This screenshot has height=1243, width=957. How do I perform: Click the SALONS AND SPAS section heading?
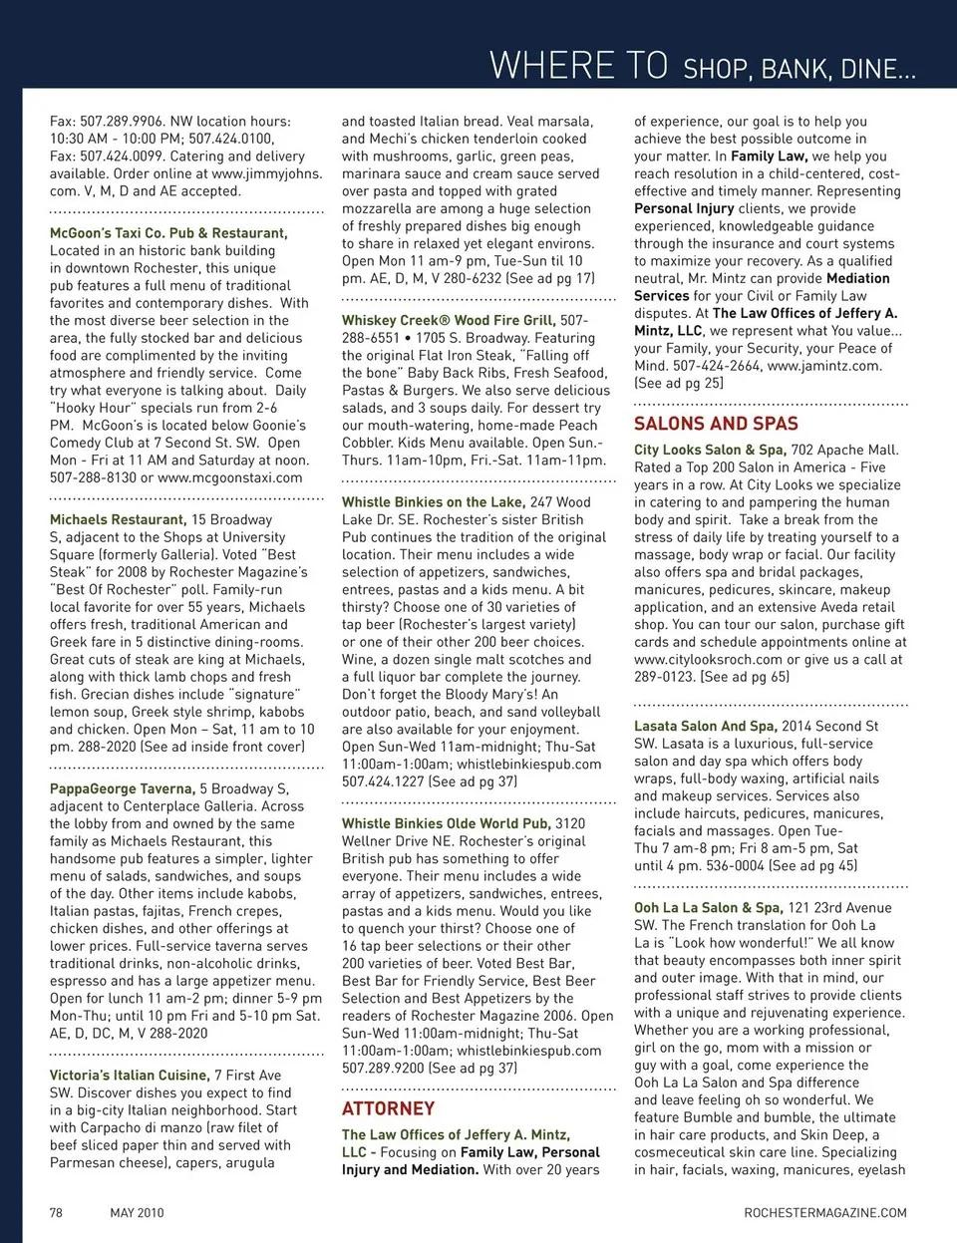[716, 424]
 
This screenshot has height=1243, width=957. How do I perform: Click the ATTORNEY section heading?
[388, 1108]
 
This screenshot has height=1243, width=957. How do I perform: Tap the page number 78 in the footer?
[57, 1212]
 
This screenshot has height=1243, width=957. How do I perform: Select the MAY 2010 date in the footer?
[137, 1212]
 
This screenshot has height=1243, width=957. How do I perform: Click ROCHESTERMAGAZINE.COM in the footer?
[825, 1212]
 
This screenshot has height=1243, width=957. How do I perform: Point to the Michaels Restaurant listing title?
[118, 519]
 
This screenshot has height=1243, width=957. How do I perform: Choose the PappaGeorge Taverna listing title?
[122, 788]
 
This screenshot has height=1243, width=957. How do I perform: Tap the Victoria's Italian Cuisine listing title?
[130, 1076]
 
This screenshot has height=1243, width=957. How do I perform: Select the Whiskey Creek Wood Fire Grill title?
[448, 320]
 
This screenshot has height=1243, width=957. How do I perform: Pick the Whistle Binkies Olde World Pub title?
[446, 823]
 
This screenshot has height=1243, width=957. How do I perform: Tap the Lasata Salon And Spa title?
[706, 726]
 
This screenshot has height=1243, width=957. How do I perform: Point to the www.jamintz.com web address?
[823, 366]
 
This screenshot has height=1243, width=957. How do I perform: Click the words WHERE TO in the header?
[578, 66]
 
